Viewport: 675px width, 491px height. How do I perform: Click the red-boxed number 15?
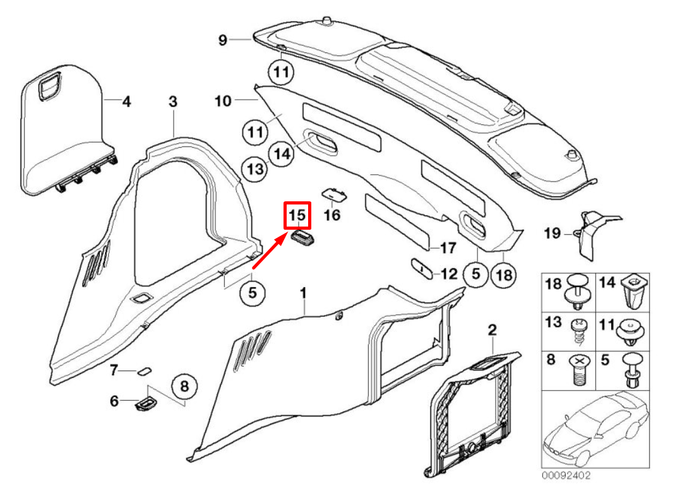click(x=297, y=216)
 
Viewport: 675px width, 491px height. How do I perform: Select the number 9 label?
click(x=222, y=40)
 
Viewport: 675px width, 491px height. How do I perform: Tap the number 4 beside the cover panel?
click(x=126, y=101)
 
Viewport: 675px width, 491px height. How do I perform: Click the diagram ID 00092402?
click(x=566, y=475)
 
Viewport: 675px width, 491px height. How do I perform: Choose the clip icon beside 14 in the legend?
click(x=634, y=290)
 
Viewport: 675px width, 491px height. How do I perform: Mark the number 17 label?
click(x=447, y=248)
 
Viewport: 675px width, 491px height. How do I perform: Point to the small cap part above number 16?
click(x=333, y=193)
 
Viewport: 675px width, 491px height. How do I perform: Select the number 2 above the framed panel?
click(x=493, y=329)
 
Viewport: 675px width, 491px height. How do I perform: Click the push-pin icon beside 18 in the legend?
click(x=578, y=291)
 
